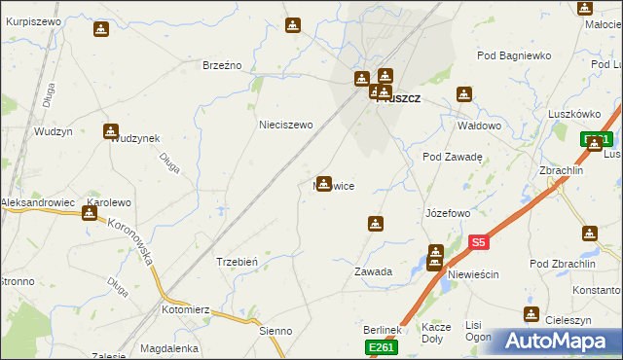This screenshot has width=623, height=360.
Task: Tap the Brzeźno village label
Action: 221,65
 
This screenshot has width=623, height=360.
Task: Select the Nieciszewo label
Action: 285,125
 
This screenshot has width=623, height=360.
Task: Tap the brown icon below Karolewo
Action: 90,211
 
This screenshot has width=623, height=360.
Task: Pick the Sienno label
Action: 275,331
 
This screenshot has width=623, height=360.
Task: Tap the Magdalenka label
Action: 169,347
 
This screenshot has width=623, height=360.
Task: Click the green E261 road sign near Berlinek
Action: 381,347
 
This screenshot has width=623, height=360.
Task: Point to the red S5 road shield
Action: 477,241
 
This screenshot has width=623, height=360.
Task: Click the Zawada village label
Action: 373,272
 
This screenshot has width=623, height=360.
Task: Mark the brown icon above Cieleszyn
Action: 531,313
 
